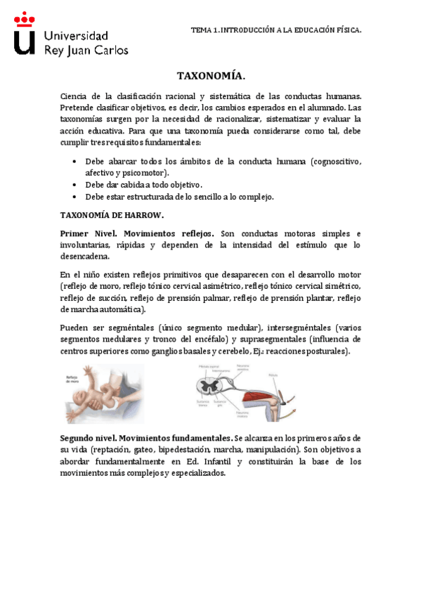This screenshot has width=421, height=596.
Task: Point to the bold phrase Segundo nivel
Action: pos(87,438)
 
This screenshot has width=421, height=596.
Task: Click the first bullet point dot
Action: pos(75,162)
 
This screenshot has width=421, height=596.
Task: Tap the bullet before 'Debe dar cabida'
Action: pos(75,185)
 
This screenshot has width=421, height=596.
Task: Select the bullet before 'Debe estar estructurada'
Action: pos(75,197)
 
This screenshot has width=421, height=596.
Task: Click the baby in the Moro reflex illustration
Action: pos(105,391)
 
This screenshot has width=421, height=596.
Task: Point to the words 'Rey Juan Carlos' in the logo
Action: pos(86,50)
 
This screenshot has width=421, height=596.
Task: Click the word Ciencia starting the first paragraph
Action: pos(75,96)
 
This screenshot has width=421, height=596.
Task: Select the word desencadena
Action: pos(84,257)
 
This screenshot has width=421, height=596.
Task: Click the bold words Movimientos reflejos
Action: pos(169,233)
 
